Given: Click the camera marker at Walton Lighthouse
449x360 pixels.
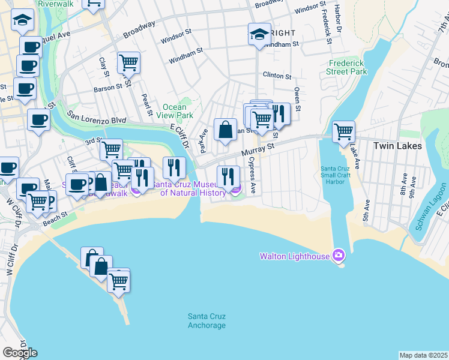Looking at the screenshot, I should pyautogui.click(x=339, y=256).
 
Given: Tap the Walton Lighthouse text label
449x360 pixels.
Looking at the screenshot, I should pyautogui.click(x=294, y=256).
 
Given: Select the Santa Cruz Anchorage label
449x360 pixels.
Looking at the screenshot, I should pyautogui.click(x=206, y=321).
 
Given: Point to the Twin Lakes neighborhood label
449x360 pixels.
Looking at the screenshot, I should pyautogui.click(x=397, y=146).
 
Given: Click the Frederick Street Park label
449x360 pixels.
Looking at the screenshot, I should pyautogui.click(x=348, y=67).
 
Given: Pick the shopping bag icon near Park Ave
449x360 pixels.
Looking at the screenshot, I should pyautogui.click(x=225, y=129).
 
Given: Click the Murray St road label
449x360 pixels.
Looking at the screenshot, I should pyautogui.click(x=258, y=146).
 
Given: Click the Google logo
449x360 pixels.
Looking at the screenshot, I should pyautogui.click(x=20, y=353).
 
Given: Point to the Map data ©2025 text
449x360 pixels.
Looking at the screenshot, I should pyautogui.click(x=423, y=355).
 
